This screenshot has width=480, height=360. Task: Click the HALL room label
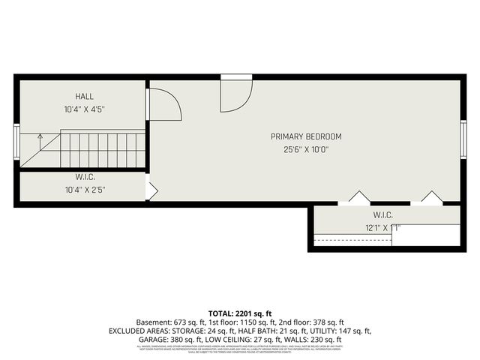coord(83,97)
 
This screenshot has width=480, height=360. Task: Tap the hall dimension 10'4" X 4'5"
coord(83,109)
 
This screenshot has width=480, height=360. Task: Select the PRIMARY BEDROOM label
coord(306,136)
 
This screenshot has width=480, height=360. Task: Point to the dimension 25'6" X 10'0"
coord(306,149)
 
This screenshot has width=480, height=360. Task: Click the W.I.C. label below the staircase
coord(83,177)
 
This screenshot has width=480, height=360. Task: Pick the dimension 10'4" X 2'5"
coord(83,190)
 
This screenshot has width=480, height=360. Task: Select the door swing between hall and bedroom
coord(164,105)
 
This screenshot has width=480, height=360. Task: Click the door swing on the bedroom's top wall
coord(235,94)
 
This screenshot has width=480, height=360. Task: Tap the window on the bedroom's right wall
coord(463,136)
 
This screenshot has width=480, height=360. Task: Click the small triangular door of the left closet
coord(151,190)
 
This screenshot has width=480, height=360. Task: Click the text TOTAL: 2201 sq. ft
coord(239,313)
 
